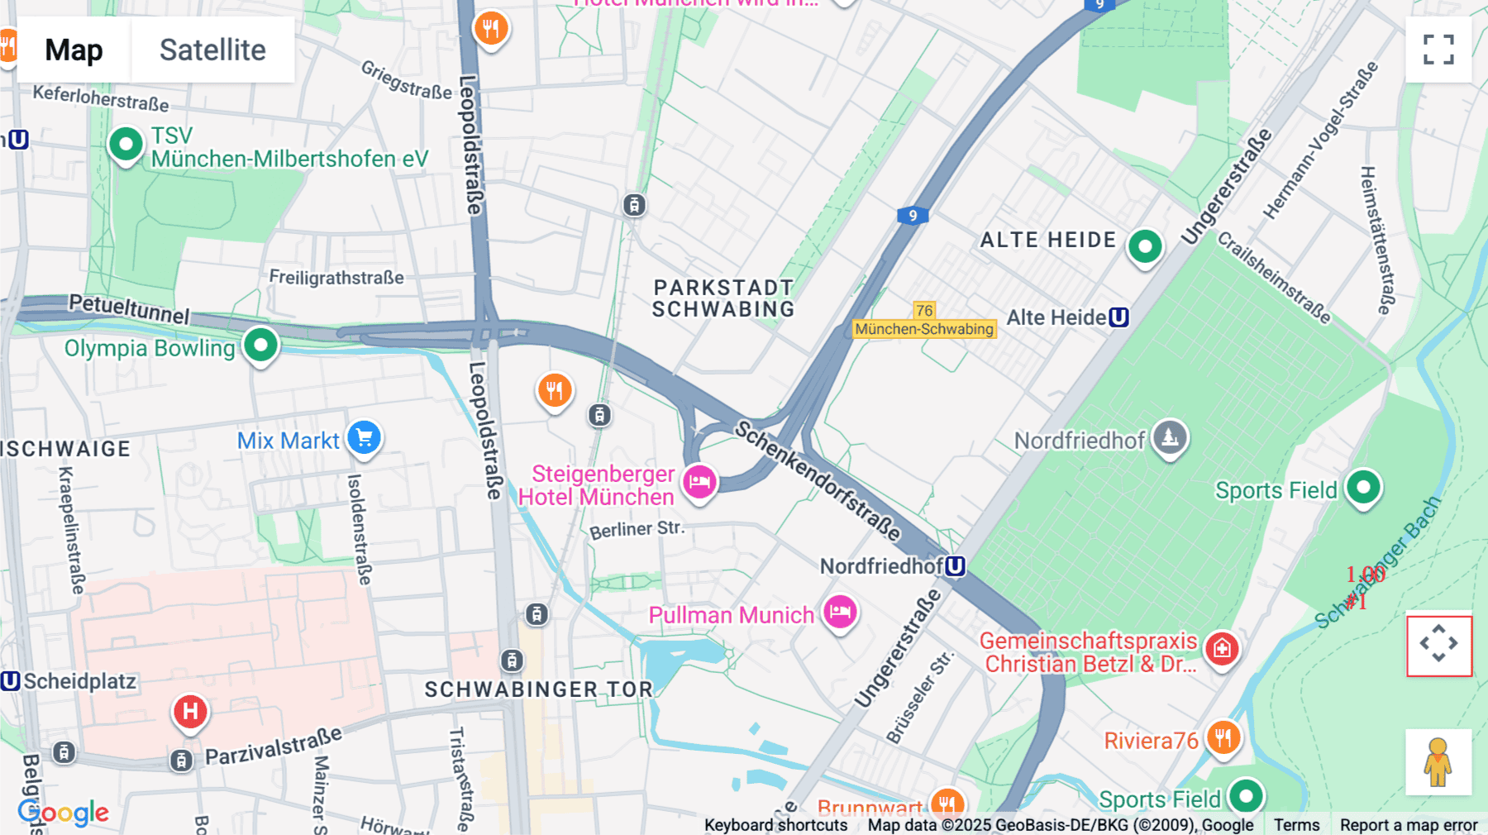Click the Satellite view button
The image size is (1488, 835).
point(212,50)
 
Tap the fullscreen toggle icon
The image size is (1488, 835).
point(1438,50)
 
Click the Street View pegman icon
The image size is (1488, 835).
point(1438,761)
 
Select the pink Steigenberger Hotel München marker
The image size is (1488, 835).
point(699,481)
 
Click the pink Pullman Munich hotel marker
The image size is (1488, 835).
point(840,613)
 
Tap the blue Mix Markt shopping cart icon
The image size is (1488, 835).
point(364,437)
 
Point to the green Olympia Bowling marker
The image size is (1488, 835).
point(260,344)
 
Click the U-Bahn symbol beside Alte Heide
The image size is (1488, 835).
point(1118,317)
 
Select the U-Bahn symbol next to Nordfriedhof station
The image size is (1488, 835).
point(956,566)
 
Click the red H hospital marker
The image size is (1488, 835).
point(190,711)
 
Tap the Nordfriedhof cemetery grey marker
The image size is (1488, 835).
point(1170,437)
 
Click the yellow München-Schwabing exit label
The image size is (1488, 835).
point(924,329)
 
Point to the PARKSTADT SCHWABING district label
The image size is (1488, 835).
point(723,298)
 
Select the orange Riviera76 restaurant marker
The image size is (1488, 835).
point(1223,737)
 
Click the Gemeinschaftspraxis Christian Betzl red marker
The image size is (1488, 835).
point(1222,648)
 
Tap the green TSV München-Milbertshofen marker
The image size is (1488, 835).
point(126,145)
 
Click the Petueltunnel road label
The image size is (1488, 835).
point(129,308)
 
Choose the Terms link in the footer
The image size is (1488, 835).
point(1296,824)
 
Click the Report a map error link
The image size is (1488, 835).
point(1409,824)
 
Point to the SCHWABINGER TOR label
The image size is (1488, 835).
point(539,689)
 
